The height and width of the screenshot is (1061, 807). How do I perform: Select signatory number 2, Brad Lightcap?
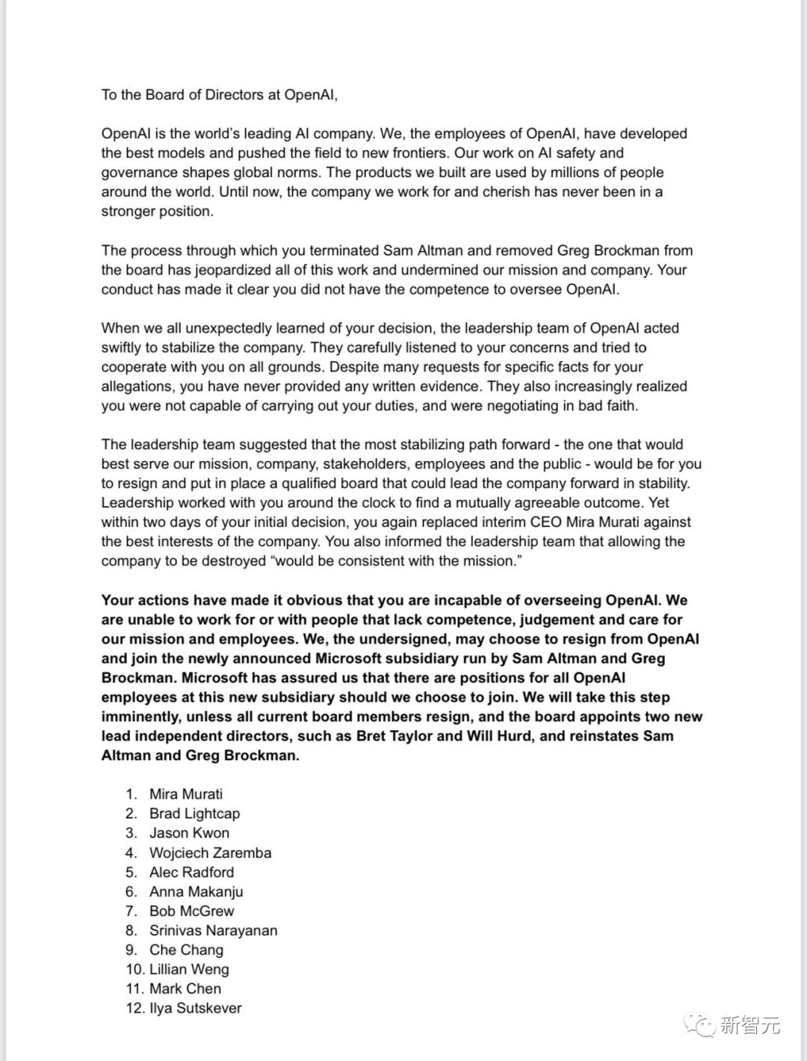[x=194, y=814]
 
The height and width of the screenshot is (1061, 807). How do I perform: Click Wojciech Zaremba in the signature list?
[x=210, y=853]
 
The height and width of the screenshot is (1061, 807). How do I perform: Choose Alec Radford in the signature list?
[x=191, y=872]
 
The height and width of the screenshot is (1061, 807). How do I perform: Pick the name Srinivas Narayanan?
[x=213, y=930]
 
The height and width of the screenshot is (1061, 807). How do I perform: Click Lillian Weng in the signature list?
[x=189, y=969]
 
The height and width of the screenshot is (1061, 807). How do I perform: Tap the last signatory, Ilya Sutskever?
[x=195, y=1008]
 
